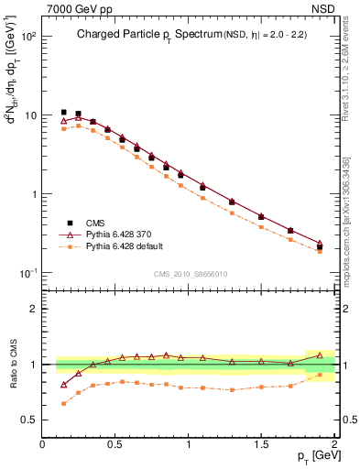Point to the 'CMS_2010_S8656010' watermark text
(x=190, y=274)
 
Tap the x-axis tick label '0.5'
(x=115, y=443)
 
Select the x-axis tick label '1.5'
(x=261, y=443)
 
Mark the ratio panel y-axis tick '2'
(x=33, y=309)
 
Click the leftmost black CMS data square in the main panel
(x=63, y=113)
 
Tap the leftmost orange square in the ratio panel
(x=63, y=403)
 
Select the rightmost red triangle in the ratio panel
(x=320, y=354)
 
